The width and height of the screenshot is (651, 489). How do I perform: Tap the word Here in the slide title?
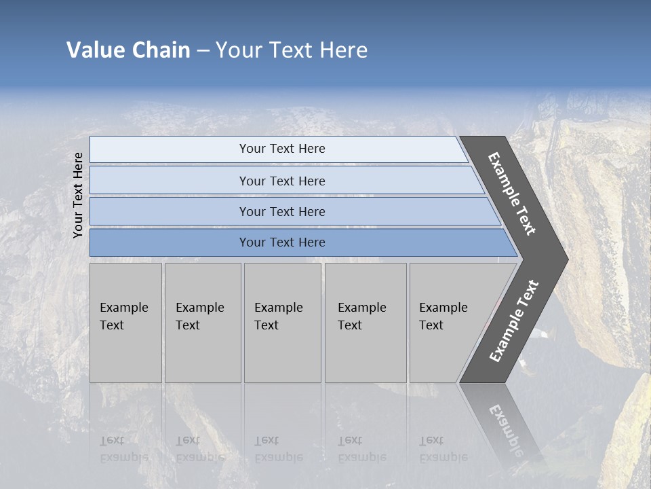(343, 50)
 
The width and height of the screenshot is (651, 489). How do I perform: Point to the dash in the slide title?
(203, 51)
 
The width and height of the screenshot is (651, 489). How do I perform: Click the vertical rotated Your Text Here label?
(79, 195)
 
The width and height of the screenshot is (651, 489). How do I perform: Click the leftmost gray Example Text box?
(125, 323)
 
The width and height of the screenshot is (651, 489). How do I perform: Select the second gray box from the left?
(202, 323)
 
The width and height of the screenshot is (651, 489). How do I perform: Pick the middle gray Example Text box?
(282, 323)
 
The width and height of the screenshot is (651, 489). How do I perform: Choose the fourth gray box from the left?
(365, 323)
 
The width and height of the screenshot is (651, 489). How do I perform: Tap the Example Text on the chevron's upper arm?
(512, 194)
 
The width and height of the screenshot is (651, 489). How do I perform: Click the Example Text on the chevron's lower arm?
(514, 321)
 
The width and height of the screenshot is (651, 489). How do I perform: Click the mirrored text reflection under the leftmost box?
(124, 449)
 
